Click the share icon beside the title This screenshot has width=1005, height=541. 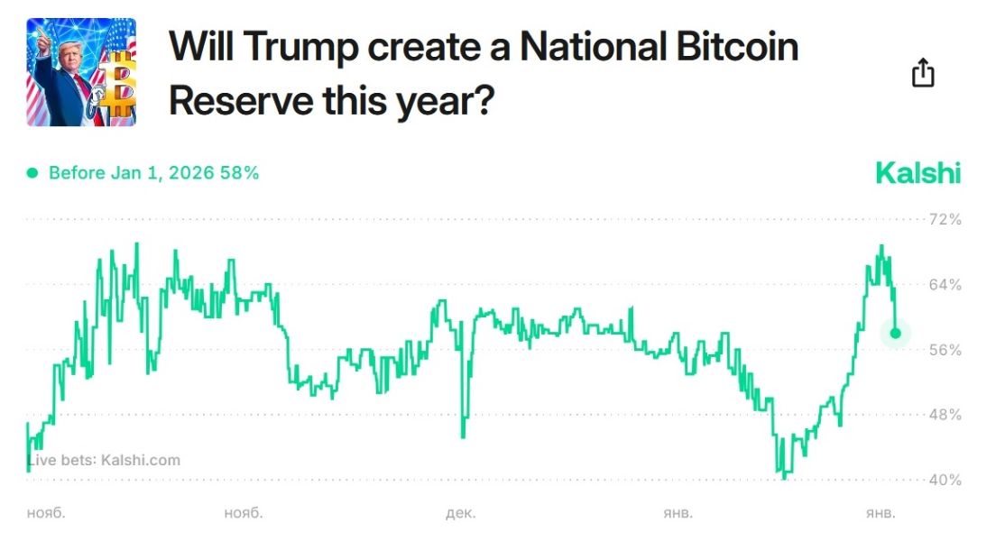click(923, 73)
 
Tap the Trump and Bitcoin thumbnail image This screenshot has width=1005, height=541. click(81, 72)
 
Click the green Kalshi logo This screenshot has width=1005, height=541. click(917, 173)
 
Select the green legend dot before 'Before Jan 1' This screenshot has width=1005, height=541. click(32, 173)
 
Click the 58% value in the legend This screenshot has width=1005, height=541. click(240, 173)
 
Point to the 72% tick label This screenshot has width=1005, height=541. click(945, 219)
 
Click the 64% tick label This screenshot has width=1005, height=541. click(945, 285)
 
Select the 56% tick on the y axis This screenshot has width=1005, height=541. click(945, 350)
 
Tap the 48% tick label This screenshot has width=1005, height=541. click(945, 415)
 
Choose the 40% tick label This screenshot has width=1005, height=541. click(945, 480)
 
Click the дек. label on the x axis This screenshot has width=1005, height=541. click(460, 513)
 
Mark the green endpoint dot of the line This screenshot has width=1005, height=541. click(895, 333)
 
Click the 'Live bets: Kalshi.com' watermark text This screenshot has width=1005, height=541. click(104, 460)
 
